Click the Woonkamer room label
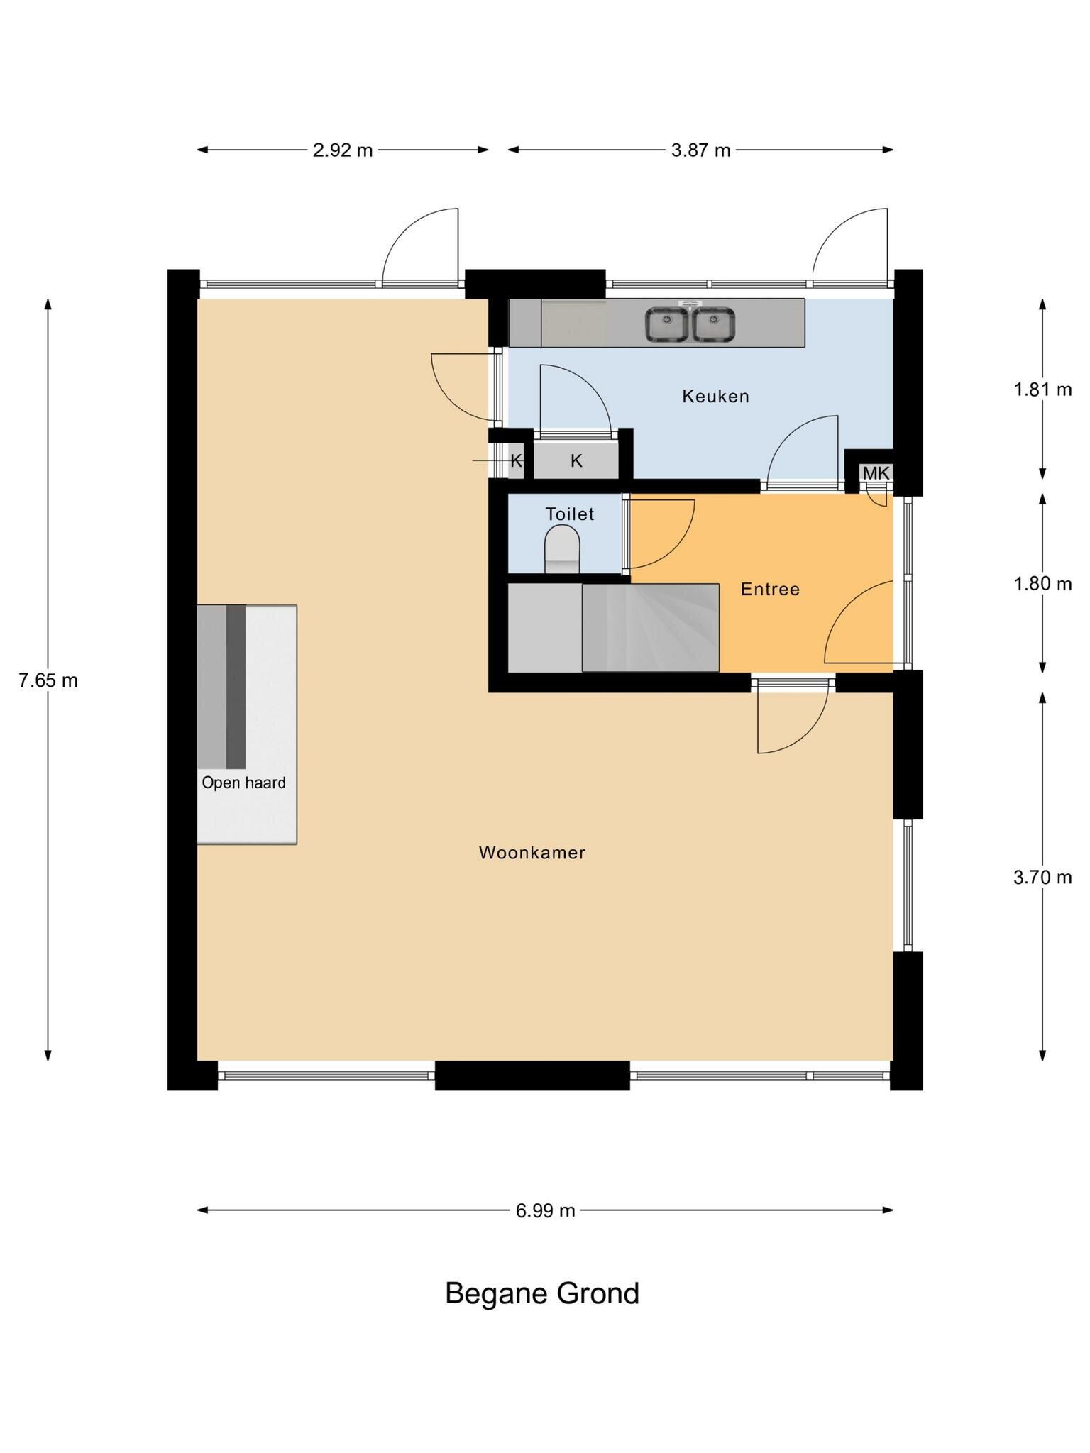[532, 852]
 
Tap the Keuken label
[715, 396]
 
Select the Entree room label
[770, 589]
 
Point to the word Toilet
[569, 513]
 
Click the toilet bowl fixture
[562, 549]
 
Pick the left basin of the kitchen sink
[666, 325]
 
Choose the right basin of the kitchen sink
[713, 325]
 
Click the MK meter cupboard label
[876, 473]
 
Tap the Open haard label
[243, 783]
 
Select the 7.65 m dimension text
[48, 680]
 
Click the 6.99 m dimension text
[545, 1210]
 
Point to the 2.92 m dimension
[343, 150]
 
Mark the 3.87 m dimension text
[701, 150]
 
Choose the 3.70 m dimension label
[1042, 878]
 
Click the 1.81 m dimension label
[1042, 390]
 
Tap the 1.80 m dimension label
[1042, 584]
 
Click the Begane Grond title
[542, 1293]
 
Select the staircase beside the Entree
[651, 627]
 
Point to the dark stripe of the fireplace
[236, 687]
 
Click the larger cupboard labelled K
[576, 461]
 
